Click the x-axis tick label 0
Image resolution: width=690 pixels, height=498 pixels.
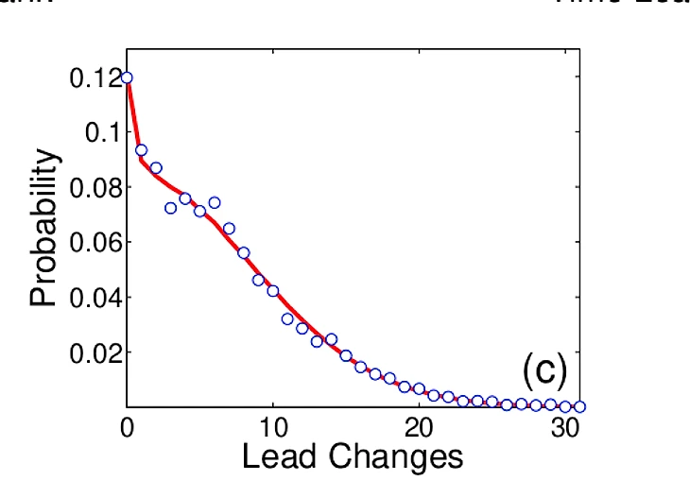(x=127, y=426)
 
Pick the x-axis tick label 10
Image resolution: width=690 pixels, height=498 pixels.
(x=272, y=426)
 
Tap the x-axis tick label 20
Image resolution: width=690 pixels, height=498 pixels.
(x=419, y=426)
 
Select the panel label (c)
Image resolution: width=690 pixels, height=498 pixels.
(x=544, y=372)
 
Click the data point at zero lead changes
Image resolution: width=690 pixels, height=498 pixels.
(x=127, y=77)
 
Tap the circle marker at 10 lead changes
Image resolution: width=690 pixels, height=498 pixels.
(x=272, y=291)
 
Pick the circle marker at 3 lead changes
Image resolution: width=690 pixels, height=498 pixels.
(x=170, y=208)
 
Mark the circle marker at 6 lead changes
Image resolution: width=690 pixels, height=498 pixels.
(x=215, y=202)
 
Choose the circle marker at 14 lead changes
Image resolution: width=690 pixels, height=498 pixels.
(x=331, y=338)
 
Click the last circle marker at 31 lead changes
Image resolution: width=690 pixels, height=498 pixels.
(x=579, y=406)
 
